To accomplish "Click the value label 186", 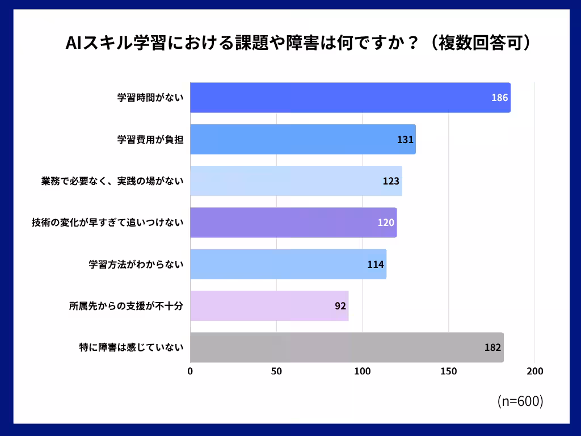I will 499,98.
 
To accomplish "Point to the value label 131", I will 405,140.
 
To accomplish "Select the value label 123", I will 391,181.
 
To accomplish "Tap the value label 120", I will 386,223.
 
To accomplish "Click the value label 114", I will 376,264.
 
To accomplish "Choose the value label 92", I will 340,305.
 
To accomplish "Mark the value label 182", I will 492,347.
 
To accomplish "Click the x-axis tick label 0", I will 190,371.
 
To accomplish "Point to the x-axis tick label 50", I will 276,371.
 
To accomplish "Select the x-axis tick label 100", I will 363,371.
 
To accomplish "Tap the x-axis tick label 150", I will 449,371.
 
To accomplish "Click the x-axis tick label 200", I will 535,371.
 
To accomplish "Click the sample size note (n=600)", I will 520,401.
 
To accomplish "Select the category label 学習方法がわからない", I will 136,264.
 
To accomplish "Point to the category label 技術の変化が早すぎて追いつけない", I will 107,223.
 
